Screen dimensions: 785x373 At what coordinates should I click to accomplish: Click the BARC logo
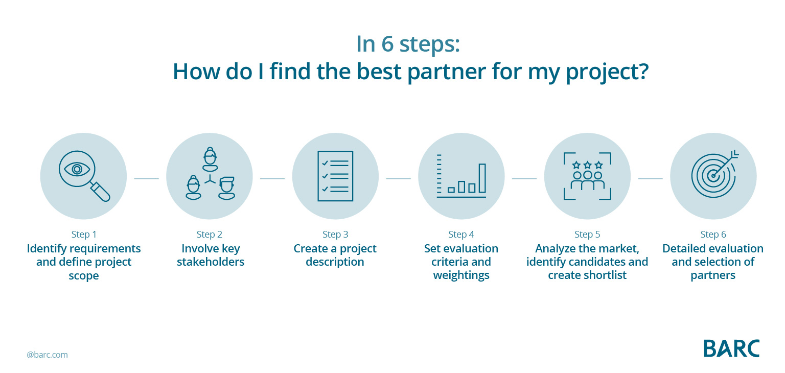coord(731,348)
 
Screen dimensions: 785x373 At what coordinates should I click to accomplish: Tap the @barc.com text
coord(48,355)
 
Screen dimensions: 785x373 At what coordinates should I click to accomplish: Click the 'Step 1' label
coord(84,235)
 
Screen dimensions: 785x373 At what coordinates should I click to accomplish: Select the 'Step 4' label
coord(461,235)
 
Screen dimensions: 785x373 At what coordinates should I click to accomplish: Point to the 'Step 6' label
coord(713,235)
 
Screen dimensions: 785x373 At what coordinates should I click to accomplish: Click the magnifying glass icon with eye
coord(84,176)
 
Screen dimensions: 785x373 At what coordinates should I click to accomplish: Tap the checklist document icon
coord(335,176)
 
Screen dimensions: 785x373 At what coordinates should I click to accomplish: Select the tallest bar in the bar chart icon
coord(482,178)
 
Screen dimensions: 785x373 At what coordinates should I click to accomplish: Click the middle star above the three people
coord(588,165)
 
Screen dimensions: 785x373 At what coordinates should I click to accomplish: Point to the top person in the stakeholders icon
coord(210,159)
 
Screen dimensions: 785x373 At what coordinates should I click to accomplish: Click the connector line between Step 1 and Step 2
coord(147,179)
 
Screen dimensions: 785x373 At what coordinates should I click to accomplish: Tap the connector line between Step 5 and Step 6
coord(651,179)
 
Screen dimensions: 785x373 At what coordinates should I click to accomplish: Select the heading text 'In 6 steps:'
coord(408,44)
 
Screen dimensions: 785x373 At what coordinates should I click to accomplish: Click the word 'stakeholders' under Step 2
coord(211,262)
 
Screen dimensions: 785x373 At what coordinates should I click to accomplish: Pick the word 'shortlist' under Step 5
coord(605,275)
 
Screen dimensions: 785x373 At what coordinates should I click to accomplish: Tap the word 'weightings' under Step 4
coord(461,275)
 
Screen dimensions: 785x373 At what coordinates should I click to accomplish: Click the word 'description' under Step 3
coord(335,262)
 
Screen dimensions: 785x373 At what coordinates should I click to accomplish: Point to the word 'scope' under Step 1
coord(84,276)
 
